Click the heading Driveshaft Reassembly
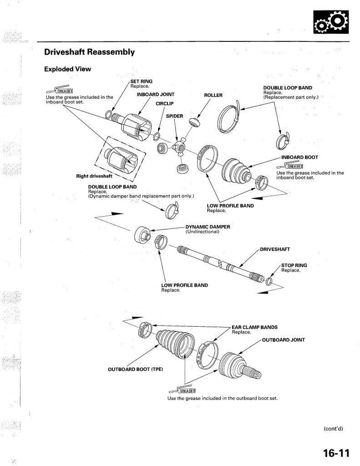[89, 52]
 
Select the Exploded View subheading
[67, 69]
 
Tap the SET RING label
[141, 81]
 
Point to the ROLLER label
[213, 95]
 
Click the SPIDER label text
[174, 116]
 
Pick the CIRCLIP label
[165, 104]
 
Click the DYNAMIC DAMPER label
[208, 227]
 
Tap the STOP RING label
[294, 265]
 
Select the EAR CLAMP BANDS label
[254, 327]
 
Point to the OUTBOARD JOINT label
[283, 339]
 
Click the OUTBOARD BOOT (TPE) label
[135, 369]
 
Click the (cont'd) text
[333, 428]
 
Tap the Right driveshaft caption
[94, 176]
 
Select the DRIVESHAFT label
[275, 249]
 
